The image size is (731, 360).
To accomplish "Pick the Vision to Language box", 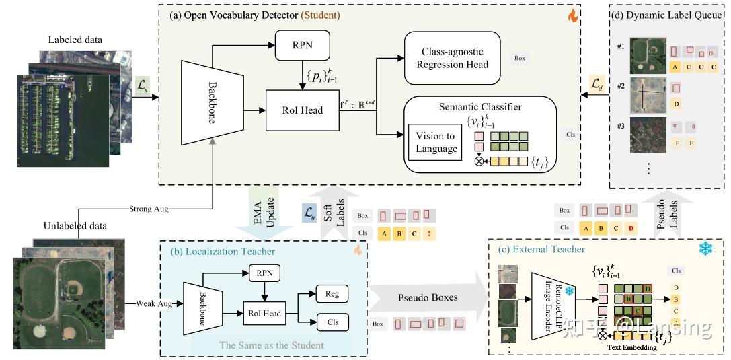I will point(436,141).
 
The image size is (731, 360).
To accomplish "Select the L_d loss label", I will point(597,84).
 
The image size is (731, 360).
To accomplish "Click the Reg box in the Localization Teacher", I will point(332,293).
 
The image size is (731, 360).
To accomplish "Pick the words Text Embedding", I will point(632,347).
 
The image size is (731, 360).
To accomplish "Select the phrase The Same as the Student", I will point(271,345).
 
